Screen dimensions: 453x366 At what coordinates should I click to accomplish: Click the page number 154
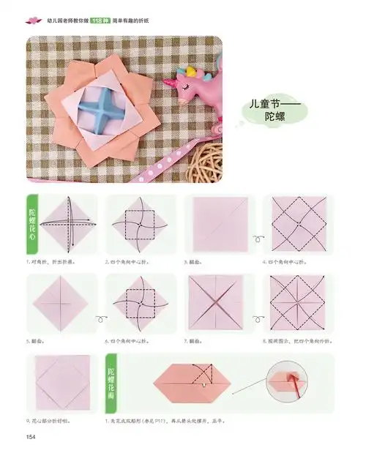(x=31, y=438)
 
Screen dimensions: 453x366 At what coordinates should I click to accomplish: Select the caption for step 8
(x=297, y=340)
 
